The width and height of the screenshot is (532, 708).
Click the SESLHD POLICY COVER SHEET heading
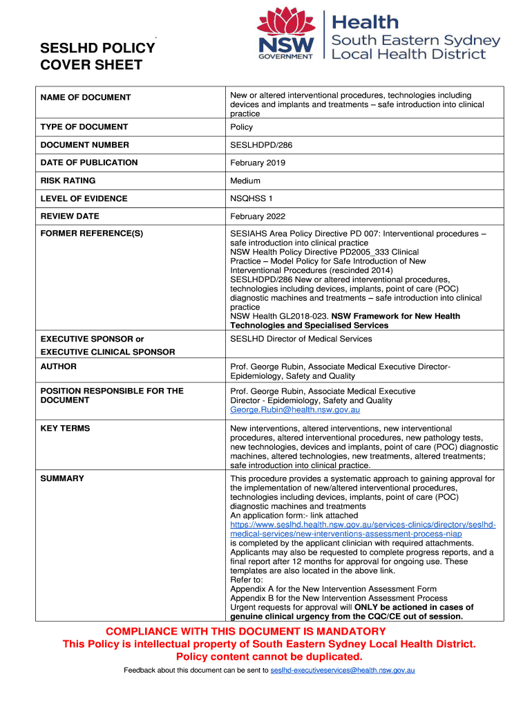[97, 57]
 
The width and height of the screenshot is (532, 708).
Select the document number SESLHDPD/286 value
[256, 145]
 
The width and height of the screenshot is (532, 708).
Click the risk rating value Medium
[245, 181]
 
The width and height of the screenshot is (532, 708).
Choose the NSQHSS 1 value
[251, 199]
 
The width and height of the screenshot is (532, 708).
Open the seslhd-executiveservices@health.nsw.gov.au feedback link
[342, 671]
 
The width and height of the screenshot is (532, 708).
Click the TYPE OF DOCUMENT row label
[84, 127]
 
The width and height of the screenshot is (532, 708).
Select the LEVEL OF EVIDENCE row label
[84, 199]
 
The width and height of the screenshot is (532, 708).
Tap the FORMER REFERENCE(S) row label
[91, 234]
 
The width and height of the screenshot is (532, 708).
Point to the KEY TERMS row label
[65, 429]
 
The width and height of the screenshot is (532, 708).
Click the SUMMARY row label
[62, 478]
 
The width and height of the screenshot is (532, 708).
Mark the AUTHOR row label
[59, 366]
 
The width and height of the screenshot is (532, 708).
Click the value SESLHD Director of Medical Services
[301, 339]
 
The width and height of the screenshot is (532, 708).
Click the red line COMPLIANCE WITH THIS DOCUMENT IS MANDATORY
[245, 631]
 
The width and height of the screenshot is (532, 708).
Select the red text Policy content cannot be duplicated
[269, 656]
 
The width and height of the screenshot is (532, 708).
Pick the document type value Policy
[241, 127]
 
